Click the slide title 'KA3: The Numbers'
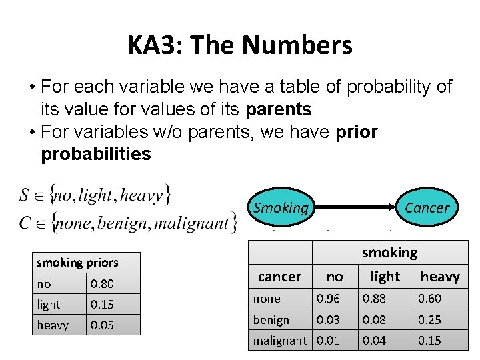(240, 45)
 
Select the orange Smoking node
(281, 207)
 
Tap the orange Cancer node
(427, 207)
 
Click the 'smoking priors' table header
(77, 263)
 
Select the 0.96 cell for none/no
(327, 299)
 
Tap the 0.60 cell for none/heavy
(429, 299)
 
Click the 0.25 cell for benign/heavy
(429, 320)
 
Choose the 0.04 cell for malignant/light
(374, 341)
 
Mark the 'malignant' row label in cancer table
(280, 341)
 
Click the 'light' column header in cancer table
(385, 276)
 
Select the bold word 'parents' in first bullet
(279, 108)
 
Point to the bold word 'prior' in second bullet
(357, 132)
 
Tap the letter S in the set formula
(24, 195)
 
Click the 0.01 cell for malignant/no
(327, 341)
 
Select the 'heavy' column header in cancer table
(440, 276)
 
